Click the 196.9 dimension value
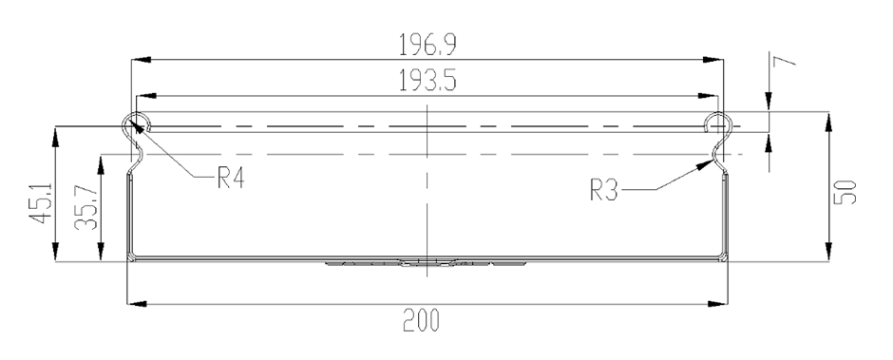click(x=427, y=45)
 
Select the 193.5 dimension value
click(x=427, y=82)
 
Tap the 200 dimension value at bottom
click(x=422, y=320)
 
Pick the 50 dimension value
click(x=845, y=192)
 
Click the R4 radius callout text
click(x=231, y=179)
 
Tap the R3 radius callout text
click(x=603, y=190)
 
